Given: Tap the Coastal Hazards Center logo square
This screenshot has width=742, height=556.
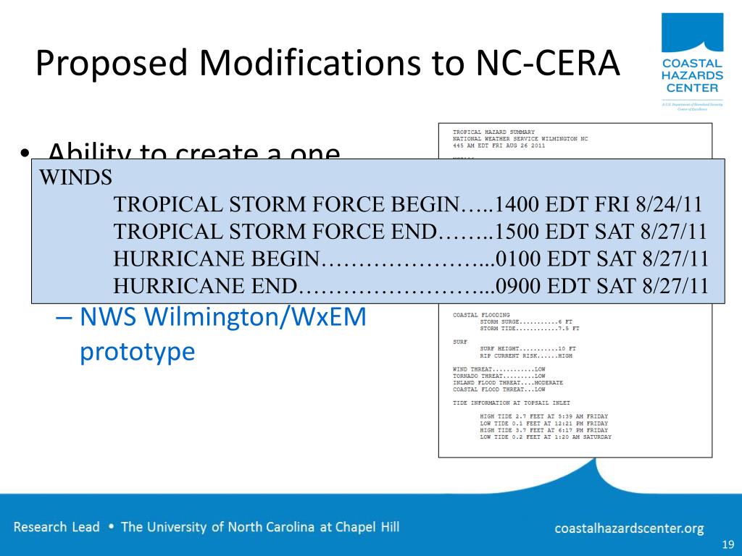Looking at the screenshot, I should pos(692,33).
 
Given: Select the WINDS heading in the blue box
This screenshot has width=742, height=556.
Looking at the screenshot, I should pos(75,178).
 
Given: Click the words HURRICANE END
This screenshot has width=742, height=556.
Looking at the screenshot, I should pos(206,286).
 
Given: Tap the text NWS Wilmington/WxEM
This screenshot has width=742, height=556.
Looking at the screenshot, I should pos(223,317).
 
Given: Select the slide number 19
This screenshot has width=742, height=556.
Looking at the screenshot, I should pos(728,545).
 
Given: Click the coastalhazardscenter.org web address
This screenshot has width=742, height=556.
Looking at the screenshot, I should pos(629,528).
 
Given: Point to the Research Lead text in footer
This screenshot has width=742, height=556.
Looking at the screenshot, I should pos(57,527).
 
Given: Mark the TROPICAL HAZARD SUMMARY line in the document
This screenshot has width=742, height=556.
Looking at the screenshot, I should pos(493,132).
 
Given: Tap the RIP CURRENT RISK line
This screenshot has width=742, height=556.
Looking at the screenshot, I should pos(525,356).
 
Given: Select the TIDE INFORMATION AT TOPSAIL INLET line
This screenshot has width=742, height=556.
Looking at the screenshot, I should pos(511,403).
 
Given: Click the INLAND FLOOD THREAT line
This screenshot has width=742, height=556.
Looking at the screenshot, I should pos(507,383).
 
